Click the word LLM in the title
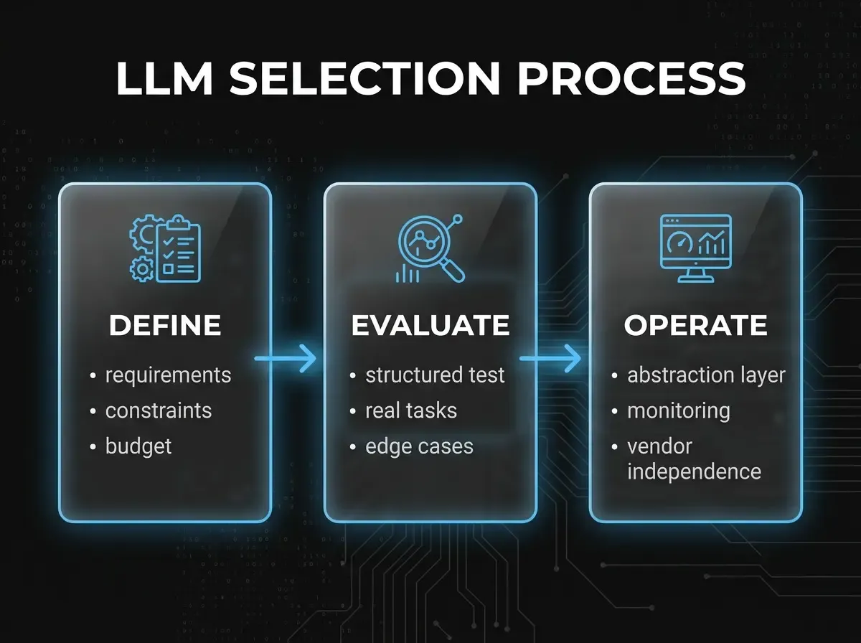point(165,78)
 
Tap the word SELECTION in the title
point(364,78)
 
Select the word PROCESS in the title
point(631,78)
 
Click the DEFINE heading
point(165,325)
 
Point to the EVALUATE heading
point(430,325)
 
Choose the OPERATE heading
point(695,325)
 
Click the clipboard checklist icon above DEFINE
point(165,248)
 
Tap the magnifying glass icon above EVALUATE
point(430,248)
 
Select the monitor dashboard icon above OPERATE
point(695,248)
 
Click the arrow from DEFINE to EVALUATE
point(285,358)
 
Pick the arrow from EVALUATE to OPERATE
point(550,358)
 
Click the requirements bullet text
point(169,376)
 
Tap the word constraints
point(159,410)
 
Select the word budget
point(138,447)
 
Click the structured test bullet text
point(435,375)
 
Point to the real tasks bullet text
point(411,410)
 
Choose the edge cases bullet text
point(419,446)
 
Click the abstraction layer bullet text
point(706,375)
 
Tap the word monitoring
point(679,411)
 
